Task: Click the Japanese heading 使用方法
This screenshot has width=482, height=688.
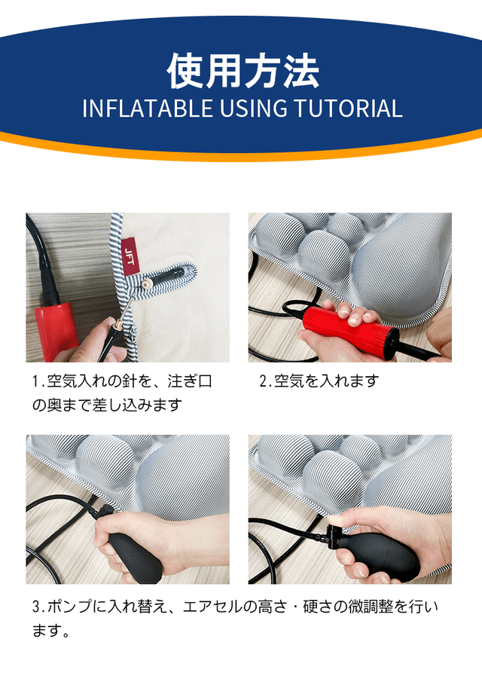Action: click(x=243, y=71)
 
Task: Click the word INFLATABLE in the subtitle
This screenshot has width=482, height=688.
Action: click(x=148, y=109)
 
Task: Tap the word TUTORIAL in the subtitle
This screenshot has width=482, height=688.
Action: click(x=348, y=109)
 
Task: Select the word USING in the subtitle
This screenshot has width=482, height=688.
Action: click(x=253, y=109)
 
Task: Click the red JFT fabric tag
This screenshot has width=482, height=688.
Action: click(x=130, y=255)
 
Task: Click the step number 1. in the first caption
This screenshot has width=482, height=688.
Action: click(x=38, y=381)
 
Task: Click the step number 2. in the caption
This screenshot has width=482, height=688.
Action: click(x=266, y=381)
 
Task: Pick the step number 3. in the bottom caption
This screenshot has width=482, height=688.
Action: click(x=39, y=607)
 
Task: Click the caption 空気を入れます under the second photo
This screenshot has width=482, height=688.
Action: click(x=326, y=381)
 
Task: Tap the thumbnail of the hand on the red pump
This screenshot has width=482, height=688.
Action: click(x=354, y=319)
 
